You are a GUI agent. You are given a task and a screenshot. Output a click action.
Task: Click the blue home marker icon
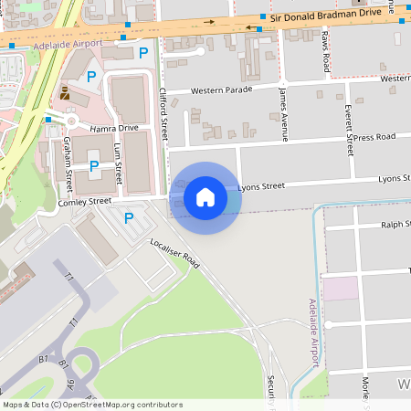pos(205,197)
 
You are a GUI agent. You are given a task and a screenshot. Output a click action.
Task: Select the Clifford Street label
pos(164,114)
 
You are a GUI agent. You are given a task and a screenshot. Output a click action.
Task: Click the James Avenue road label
pos(284,114)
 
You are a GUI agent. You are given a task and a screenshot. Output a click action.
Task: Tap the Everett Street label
pos(348,130)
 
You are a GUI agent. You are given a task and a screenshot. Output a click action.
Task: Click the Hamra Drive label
pos(114,128)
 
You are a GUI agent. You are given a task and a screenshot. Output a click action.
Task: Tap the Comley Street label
pos(84,201)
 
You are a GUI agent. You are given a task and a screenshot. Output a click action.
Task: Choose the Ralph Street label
pos(397,223)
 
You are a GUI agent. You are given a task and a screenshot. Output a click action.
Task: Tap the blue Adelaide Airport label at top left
pos(66,44)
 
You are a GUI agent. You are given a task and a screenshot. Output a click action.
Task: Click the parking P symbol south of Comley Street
pos(128,218)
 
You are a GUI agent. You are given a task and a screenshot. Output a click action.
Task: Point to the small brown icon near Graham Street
pos(65,92)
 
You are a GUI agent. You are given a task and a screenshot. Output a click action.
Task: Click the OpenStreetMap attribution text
pos(91,405)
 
